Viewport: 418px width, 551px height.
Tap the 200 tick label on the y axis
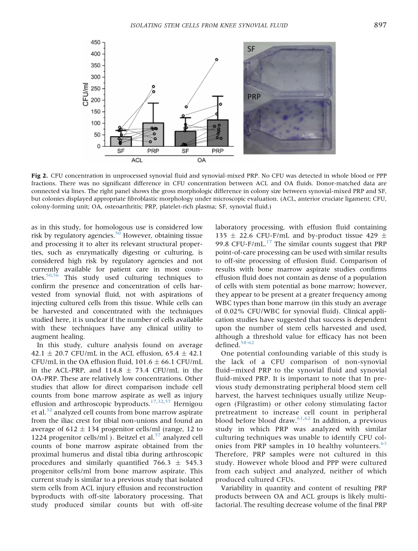96,100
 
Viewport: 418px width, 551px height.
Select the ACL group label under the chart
137,159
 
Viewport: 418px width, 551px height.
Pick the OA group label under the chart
202,159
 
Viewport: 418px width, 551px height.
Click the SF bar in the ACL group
121,141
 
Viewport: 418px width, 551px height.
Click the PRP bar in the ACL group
153,135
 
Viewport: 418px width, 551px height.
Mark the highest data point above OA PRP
216,60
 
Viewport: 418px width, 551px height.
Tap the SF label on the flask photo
254,50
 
